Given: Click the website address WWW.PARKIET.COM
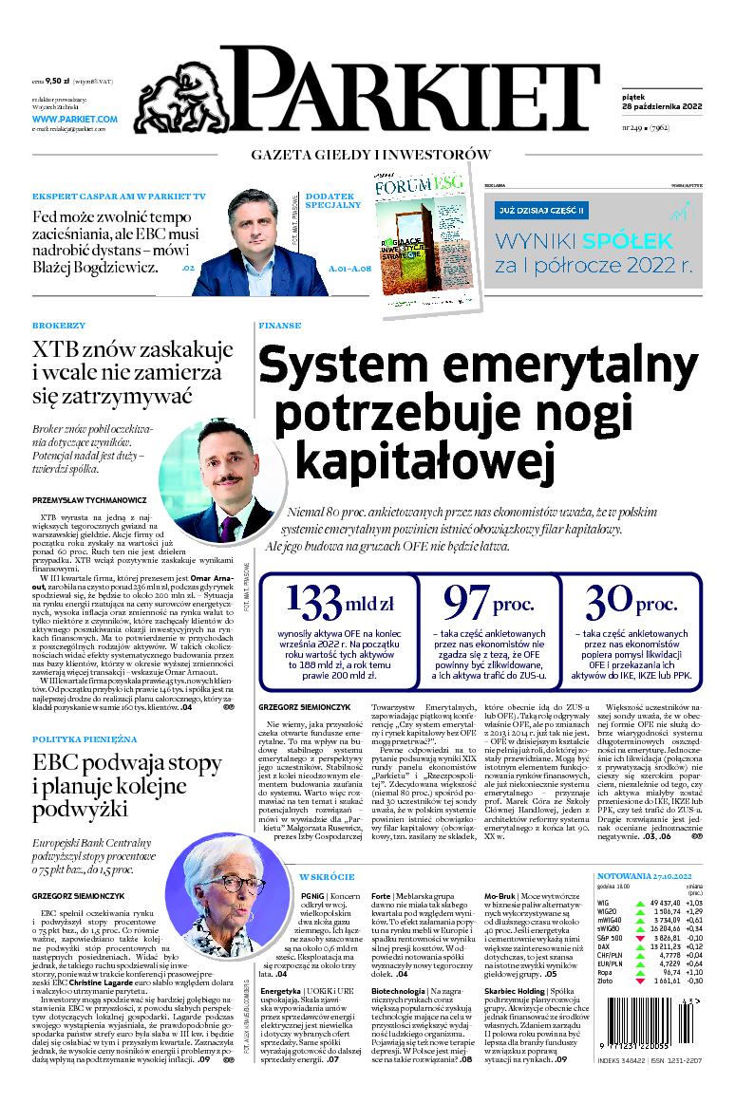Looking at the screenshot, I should pyautogui.click(x=74, y=119).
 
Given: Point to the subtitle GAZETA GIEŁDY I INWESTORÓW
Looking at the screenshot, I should pyautogui.click(x=370, y=154).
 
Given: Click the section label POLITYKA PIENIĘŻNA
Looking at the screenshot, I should pyautogui.click(x=84, y=738).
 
